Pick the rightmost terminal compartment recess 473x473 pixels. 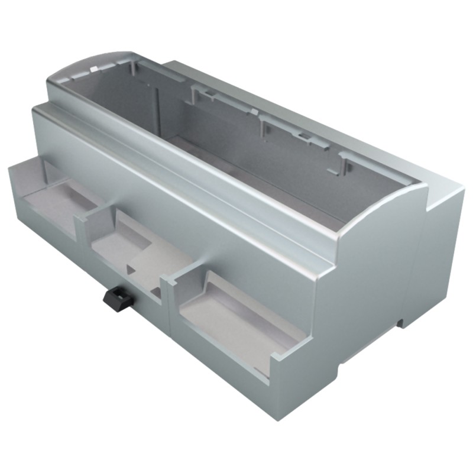click(237, 319)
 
